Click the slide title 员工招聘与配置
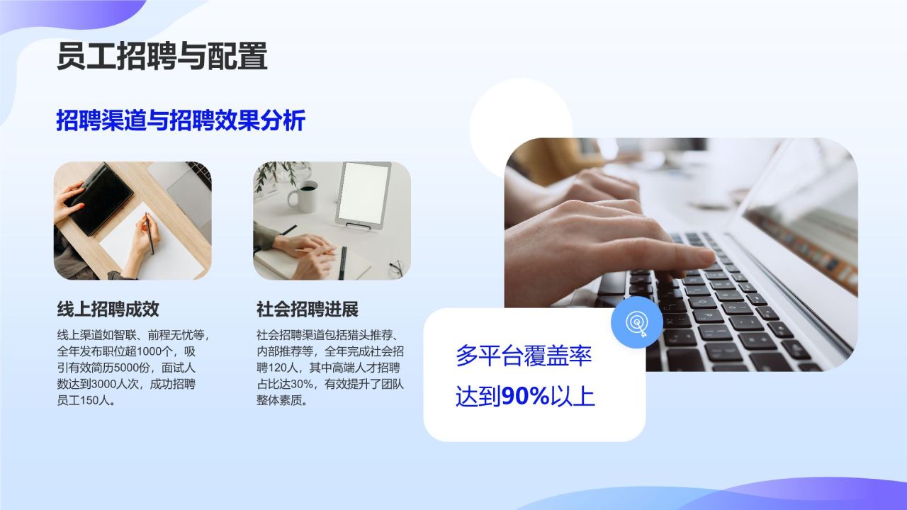point(162,57)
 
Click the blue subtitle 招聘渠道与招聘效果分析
point(181,120)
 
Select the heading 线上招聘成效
point(108,309)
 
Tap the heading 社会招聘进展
point(308,309)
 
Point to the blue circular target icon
point(636,323)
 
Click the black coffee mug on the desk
point(305,195)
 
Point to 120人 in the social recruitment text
point(286,368)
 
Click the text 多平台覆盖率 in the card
point(523,356)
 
